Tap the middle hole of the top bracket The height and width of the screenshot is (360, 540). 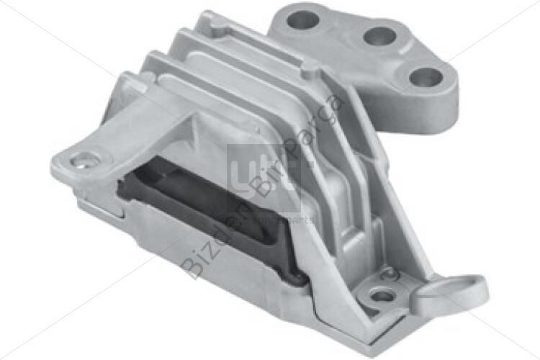(x=377, y=35)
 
